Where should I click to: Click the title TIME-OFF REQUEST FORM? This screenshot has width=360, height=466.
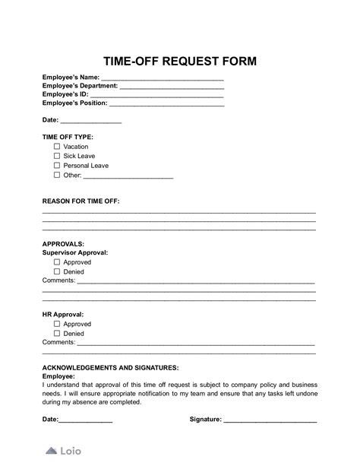coord(179,60)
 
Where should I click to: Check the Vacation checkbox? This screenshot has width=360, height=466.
coord(57,147)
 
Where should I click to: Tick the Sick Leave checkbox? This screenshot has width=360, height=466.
coord(57,156)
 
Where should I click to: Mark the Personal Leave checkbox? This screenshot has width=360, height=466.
coord(57,165)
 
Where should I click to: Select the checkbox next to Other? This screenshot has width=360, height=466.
coord(57,175)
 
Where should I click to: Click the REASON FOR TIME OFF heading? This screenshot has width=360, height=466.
coord(81,201)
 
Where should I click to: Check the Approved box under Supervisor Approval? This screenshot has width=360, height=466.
coord(57,262)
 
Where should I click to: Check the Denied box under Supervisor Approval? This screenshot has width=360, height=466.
coord(57,271)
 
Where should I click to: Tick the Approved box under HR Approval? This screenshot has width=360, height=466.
coord(57,324)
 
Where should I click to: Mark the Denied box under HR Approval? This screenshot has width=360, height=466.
coord(57,333)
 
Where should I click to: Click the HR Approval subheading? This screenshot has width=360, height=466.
coord(63,314)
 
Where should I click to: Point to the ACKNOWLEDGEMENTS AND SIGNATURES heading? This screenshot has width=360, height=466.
coord(110,367)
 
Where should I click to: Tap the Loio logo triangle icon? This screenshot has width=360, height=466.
coord(51,450)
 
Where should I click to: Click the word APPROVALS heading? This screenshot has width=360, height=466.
coord(64,243)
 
